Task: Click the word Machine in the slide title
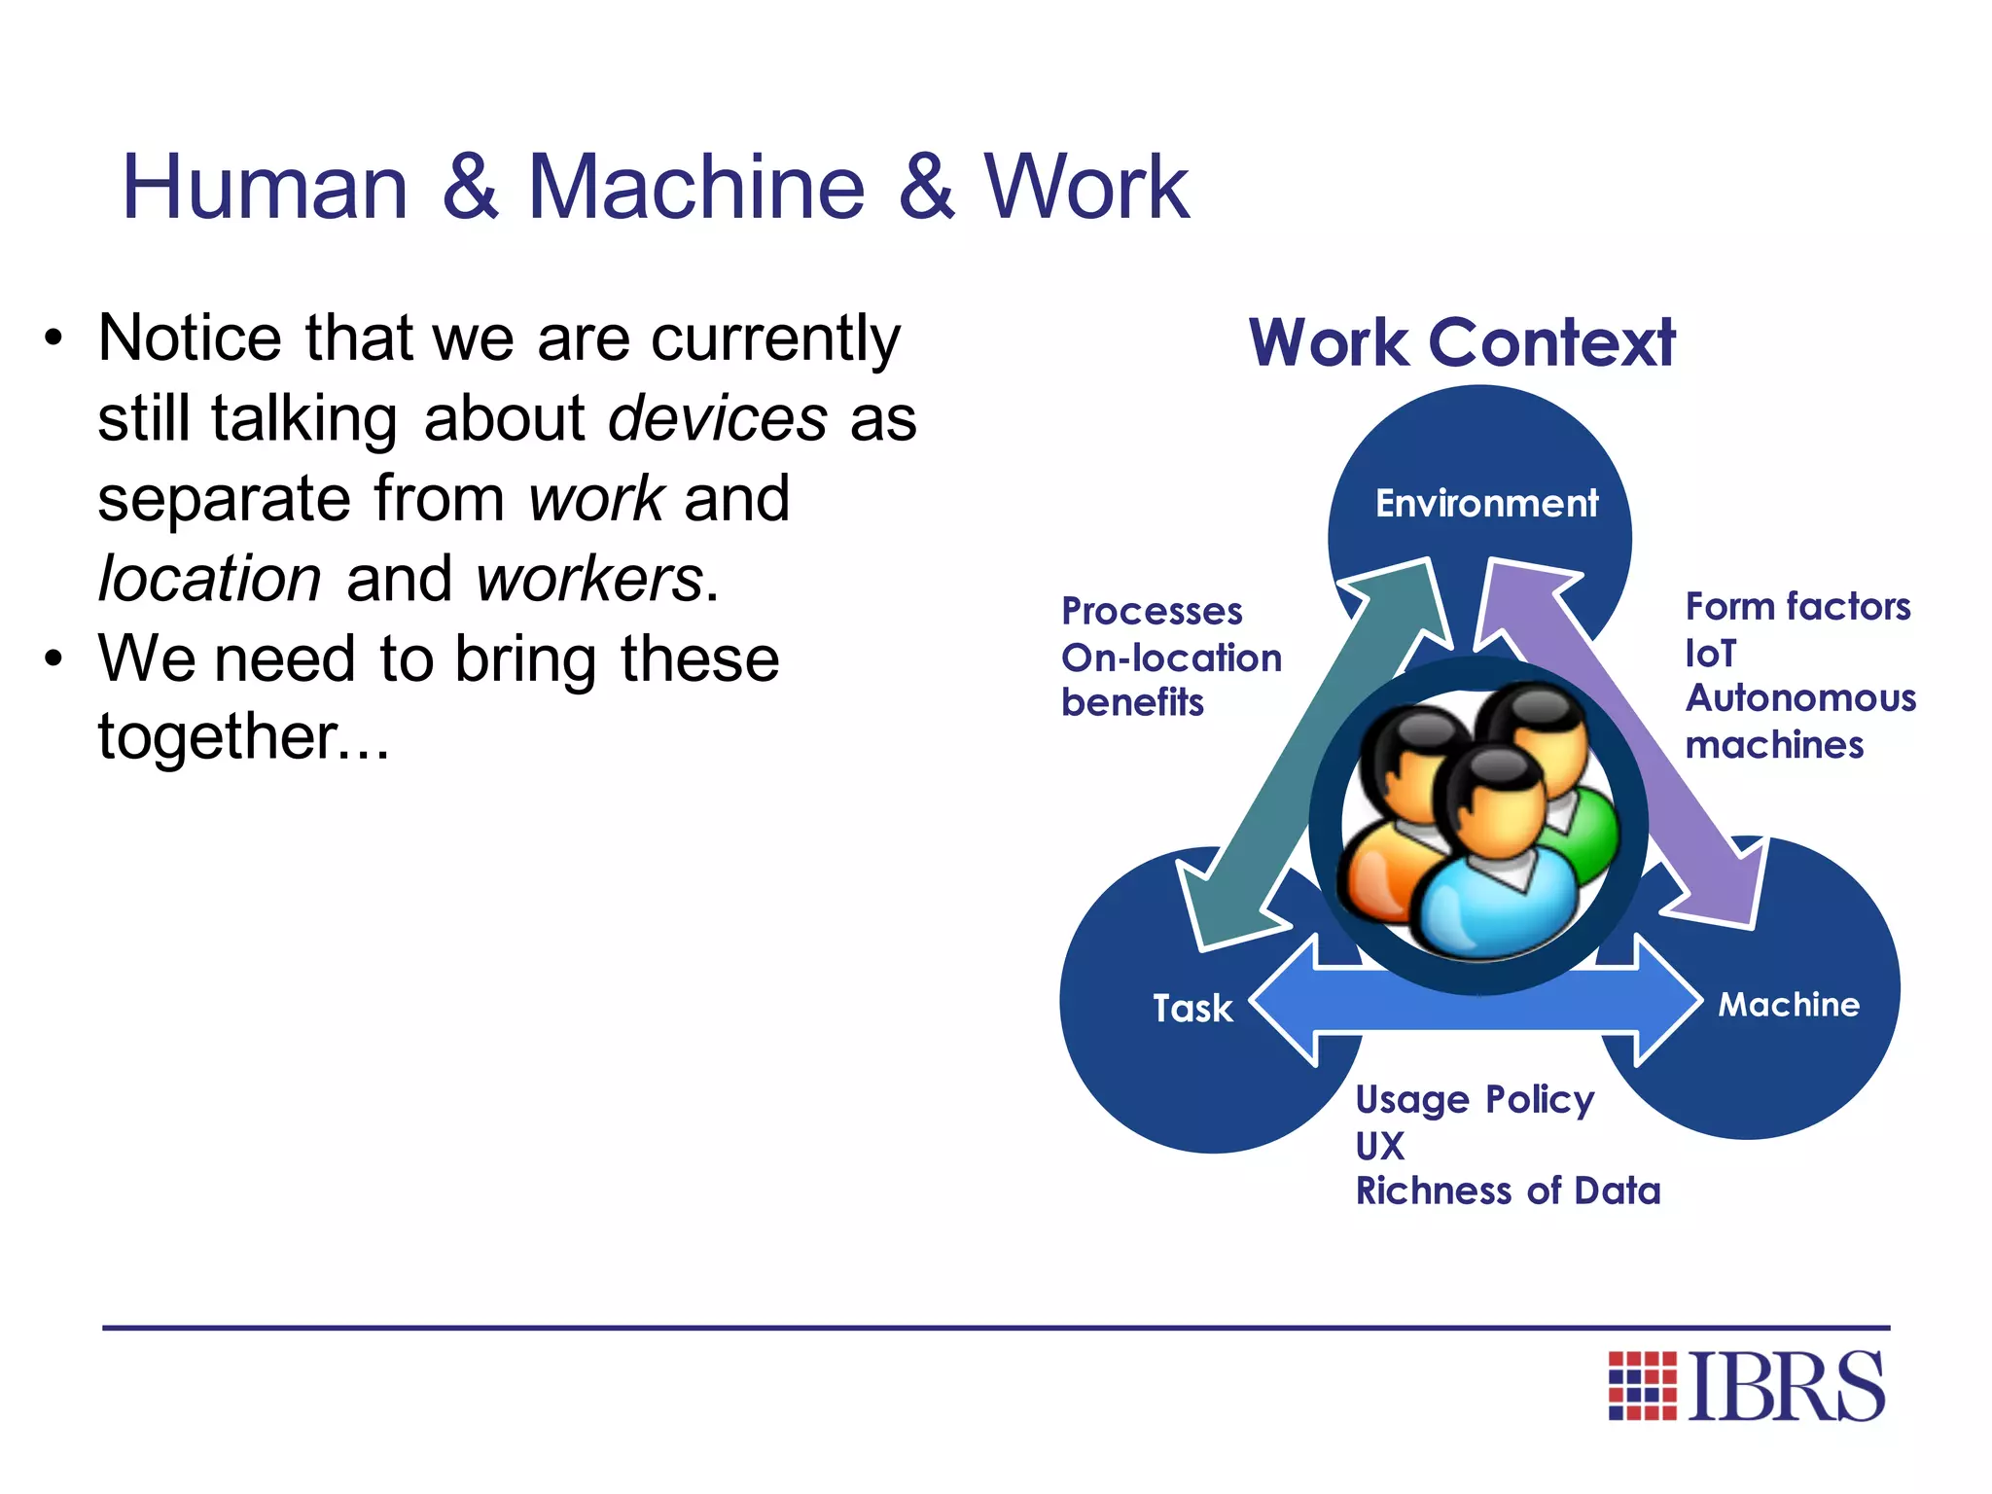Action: pos(695,187)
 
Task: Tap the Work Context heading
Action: pos(1461,342)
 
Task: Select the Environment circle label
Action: pos(1486,504)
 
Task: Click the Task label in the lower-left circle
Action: pos(1192,1008)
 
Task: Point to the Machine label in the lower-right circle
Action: pos(1788,1004)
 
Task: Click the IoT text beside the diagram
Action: pos(1710,654)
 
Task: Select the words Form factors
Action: pos(1797,606)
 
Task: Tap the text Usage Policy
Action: pos(1475,1099)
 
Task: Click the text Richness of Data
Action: pos(1508,1191)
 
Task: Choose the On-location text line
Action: pos(1171,658)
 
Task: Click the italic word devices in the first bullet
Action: pos(718,419)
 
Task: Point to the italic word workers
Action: pos(589,580)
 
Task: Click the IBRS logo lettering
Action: pos(1786,1386)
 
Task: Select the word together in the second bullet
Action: pos(218,736)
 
